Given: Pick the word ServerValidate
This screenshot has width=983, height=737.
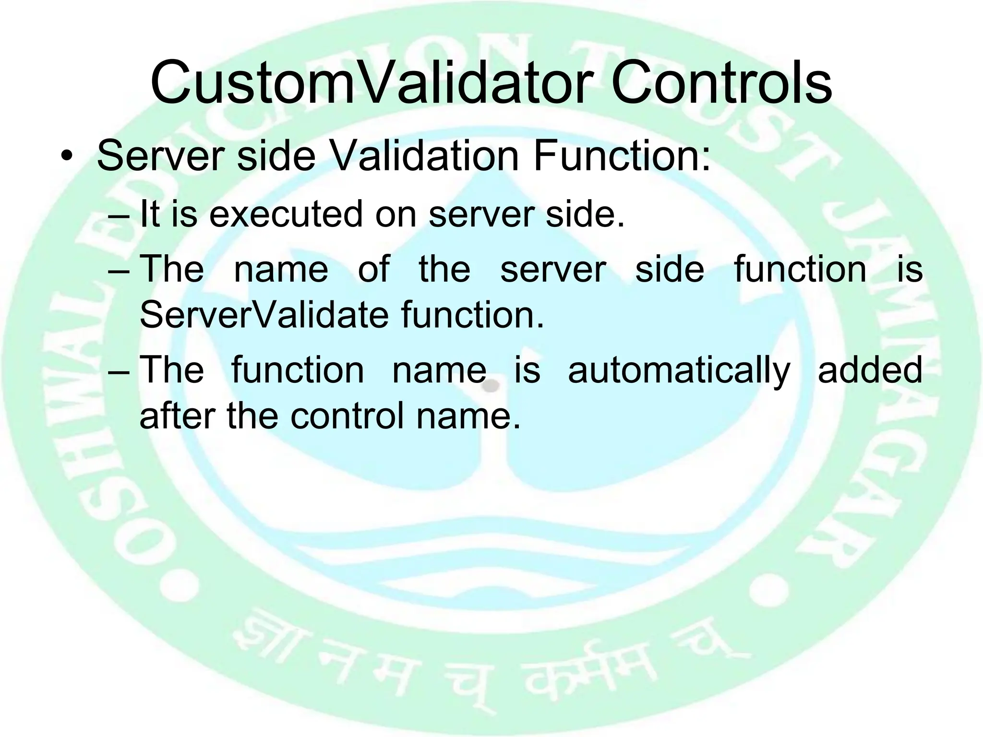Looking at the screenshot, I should point(264,315).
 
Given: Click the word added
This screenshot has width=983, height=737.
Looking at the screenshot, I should point(870,370).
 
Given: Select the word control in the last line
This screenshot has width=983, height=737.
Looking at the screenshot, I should point(347,416).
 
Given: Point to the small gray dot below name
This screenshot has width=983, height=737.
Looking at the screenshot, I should point(490,385).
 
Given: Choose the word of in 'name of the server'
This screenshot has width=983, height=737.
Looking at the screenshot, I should point(373,269).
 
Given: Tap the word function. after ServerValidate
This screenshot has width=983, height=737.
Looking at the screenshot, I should point(473,315).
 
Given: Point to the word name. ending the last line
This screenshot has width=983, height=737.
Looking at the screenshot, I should point(468,416).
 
